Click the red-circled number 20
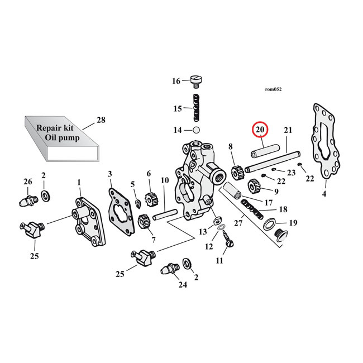260,130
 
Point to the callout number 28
101,120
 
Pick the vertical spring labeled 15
196,108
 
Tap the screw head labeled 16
196,82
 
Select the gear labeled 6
150,198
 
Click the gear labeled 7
142,222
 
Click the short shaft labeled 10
165,213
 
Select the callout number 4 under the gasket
323,195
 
